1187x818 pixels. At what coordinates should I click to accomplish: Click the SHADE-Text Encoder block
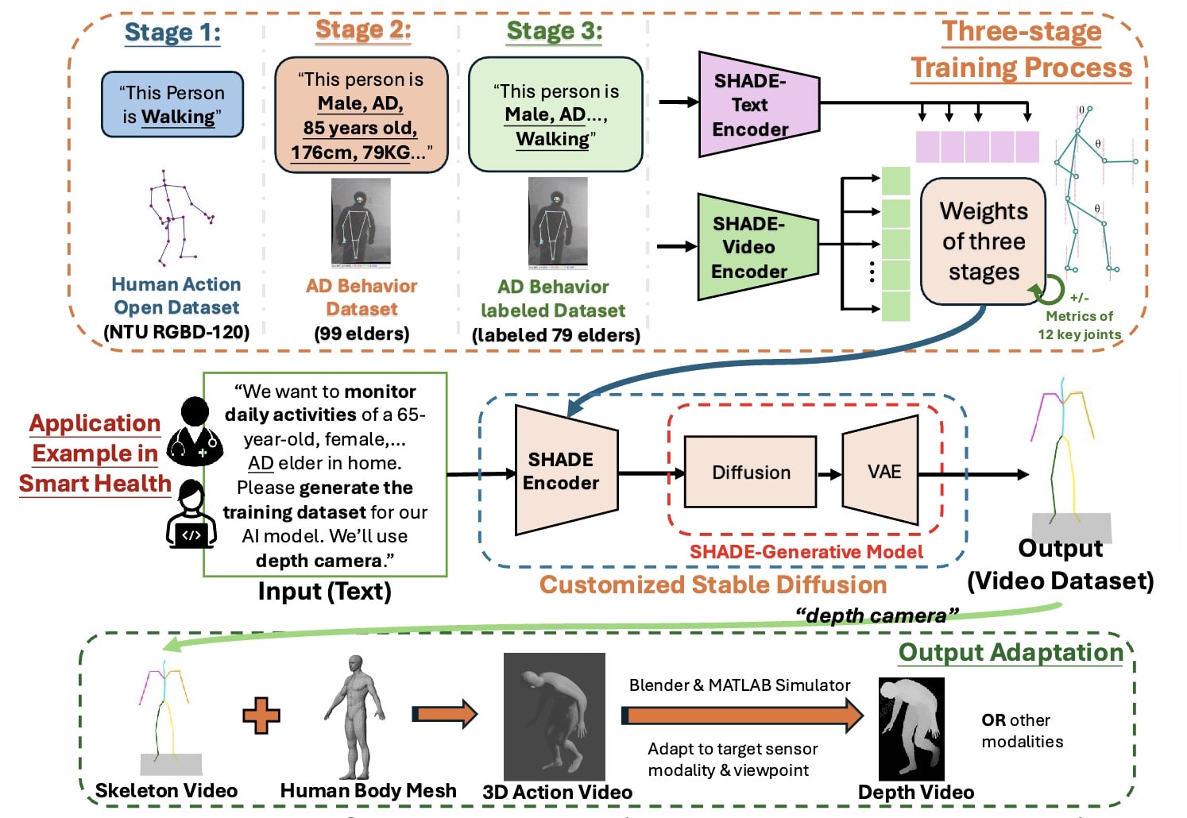(759, 104)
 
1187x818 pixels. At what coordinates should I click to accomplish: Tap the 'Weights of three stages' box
(983, 241)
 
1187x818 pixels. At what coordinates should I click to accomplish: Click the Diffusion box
(750, 472)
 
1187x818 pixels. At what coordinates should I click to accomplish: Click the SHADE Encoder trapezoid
(566, 470)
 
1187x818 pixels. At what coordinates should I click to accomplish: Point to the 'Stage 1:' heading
(172, 33)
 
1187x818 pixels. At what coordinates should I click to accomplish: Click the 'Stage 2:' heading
(363, 30)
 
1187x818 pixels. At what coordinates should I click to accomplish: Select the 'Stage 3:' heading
(555, 31)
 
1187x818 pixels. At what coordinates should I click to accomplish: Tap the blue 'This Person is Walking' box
(172, 104)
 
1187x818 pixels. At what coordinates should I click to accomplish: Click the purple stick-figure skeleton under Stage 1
(179, 218)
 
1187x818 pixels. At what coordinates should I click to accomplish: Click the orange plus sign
(261, 716)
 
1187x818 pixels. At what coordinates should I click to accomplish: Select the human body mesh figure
(355, 716)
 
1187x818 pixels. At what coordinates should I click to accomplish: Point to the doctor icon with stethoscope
(195, 432)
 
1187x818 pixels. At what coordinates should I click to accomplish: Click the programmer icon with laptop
(191, 514)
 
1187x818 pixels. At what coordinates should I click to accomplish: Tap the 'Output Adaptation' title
(1011, 652)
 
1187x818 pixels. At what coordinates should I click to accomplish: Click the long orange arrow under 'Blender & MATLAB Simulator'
(742, 716)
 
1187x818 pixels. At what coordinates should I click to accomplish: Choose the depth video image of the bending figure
(911, 729)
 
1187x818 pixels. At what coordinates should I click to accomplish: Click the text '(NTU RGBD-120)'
(176, 332)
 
